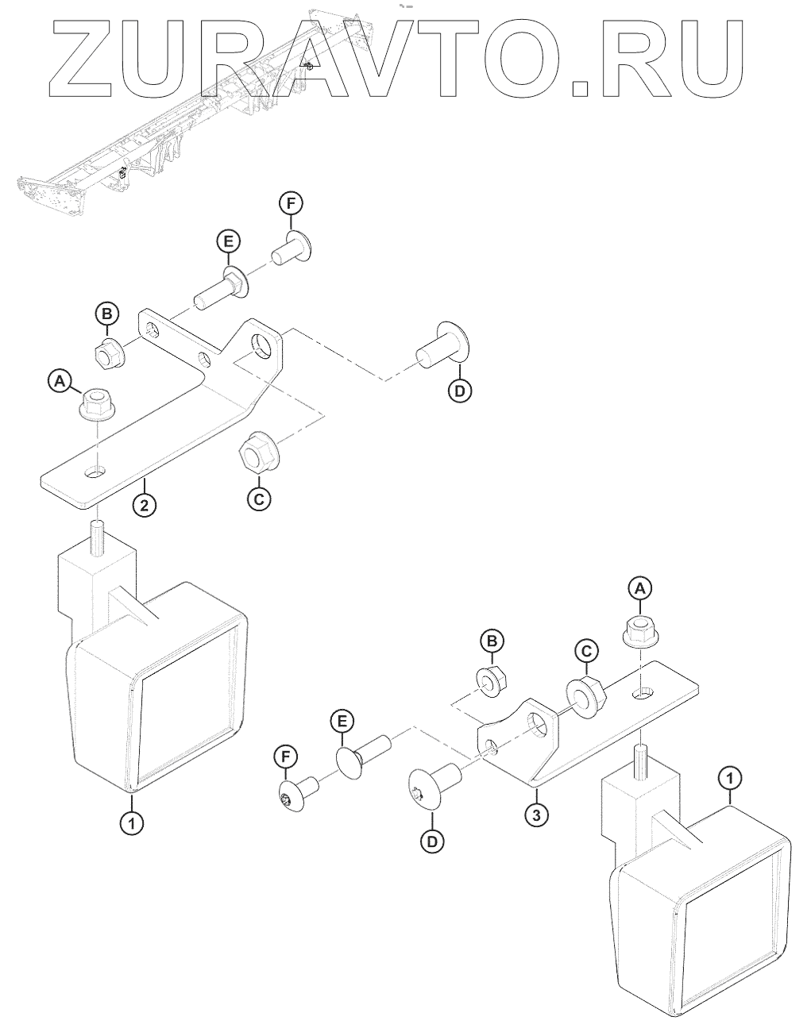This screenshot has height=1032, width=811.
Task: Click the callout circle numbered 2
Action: click(145, 505)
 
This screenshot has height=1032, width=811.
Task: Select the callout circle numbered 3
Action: click(538, 814)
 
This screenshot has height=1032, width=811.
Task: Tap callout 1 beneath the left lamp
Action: click(132, 822)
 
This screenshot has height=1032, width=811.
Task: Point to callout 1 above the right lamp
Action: click(729, 780)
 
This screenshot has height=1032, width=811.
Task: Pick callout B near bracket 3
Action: click(492, 639)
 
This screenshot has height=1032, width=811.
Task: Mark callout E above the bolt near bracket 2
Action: click(227, 240)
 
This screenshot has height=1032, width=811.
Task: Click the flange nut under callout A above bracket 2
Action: click(96, 404)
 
